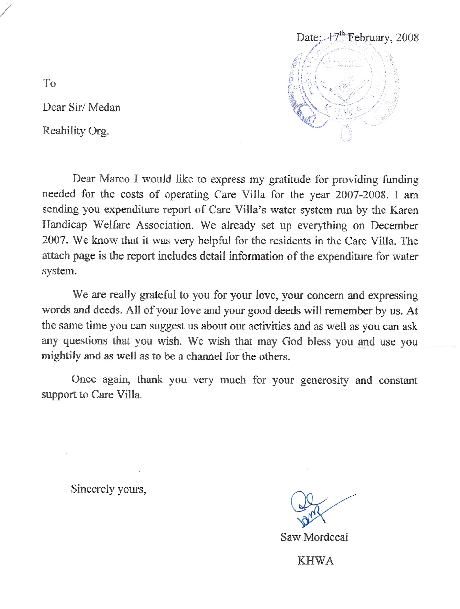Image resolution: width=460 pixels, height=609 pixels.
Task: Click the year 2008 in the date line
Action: tap(407, 38)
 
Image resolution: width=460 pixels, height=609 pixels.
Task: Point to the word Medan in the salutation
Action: tap(104, 107)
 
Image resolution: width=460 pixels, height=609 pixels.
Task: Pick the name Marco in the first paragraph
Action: tap(114, 179)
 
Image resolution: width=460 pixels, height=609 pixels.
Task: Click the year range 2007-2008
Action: tap(360, 195)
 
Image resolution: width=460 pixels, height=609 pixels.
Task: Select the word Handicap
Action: tap(65, 225)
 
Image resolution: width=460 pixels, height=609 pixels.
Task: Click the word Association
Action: tap(164, 225)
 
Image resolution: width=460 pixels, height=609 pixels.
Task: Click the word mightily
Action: tap(61, 356)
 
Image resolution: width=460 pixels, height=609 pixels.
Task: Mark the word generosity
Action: tap(324, 380)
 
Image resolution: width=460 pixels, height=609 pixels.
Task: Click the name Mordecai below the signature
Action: tap(326, 537)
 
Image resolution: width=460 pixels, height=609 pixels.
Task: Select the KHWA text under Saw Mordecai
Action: tap(315, 561)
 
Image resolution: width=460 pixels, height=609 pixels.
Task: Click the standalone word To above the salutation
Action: tap(49, 83)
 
